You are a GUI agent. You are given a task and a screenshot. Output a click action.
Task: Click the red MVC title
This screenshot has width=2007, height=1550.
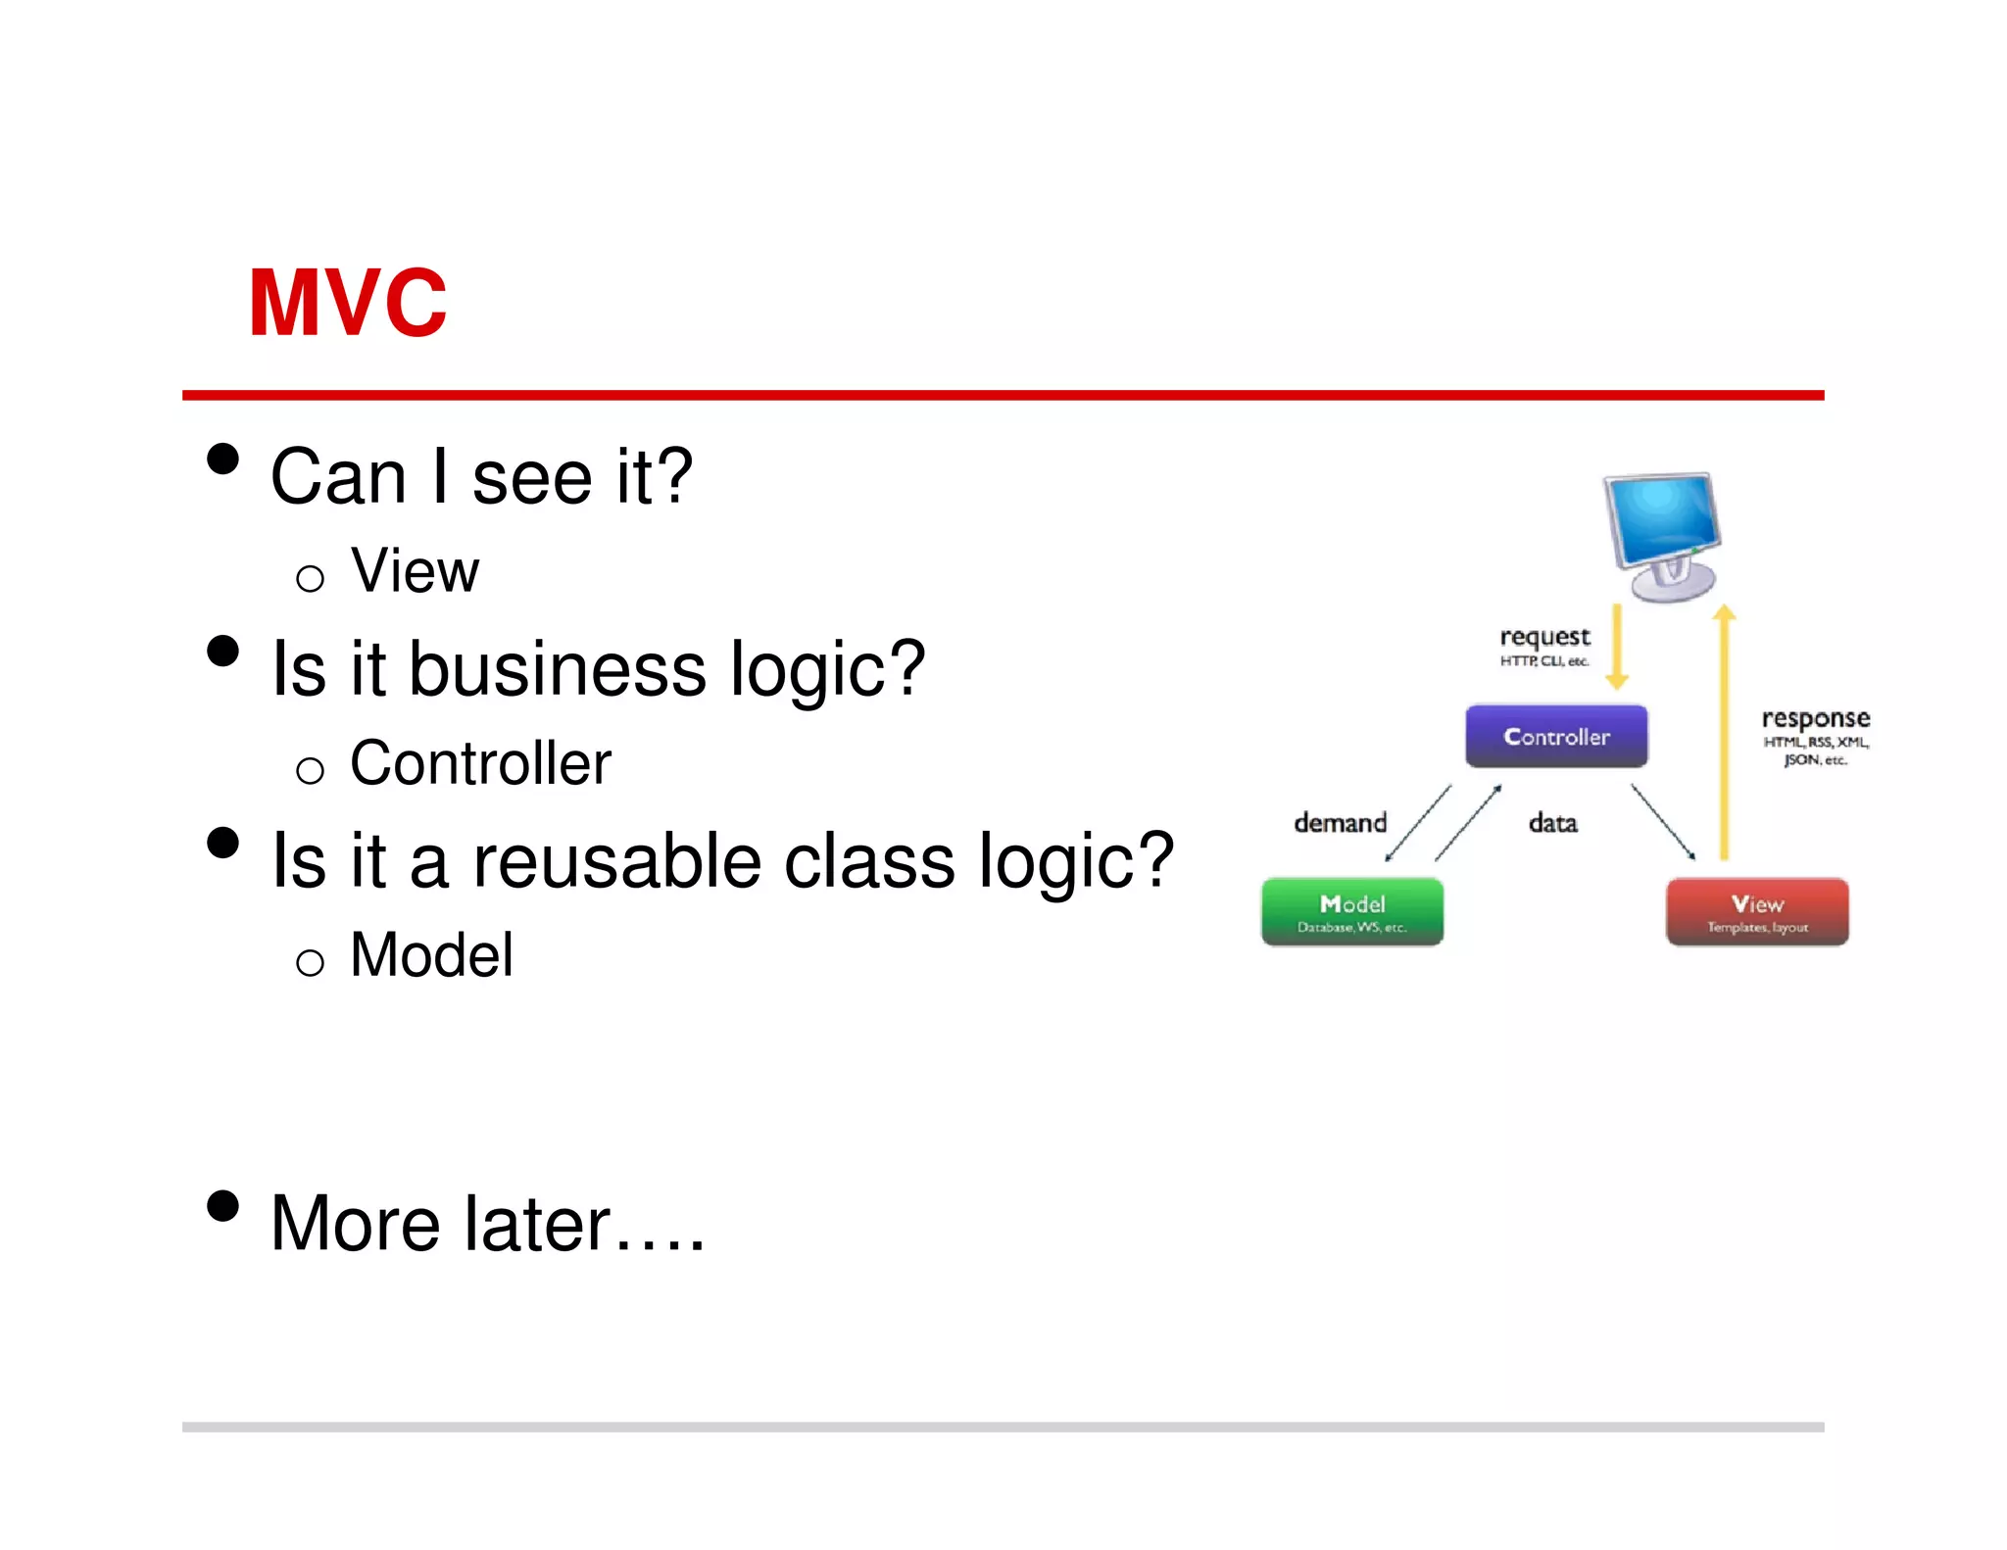(348, 303)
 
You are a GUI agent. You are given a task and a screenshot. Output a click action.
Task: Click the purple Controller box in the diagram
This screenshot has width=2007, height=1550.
(1555, 736)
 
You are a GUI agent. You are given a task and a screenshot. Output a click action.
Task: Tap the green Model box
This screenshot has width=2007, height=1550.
(1351, 911)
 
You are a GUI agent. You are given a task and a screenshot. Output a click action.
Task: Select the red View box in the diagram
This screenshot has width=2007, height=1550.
(1756, 911)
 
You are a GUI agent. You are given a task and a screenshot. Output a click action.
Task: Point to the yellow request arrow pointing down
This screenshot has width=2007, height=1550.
(1617, 647)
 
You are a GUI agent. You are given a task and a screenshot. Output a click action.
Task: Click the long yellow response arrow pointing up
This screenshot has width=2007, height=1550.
(1724, 735)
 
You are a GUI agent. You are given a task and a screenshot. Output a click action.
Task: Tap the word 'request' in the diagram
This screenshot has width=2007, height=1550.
(1544, 637)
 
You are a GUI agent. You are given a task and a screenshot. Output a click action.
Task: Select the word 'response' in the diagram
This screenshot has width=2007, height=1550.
(1815, 718)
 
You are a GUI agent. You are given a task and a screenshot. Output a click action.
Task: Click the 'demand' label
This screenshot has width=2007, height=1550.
(1340, 822)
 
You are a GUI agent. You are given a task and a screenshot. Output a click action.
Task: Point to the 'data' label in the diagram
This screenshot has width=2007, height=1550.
(1552, 823)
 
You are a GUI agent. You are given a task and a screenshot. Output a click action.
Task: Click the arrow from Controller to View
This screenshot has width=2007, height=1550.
(1663, 822)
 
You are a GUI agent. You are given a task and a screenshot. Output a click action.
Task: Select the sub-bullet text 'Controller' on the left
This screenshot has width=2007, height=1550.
(480, 763)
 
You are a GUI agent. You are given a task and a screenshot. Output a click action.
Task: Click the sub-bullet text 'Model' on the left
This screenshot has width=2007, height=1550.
(431, 955)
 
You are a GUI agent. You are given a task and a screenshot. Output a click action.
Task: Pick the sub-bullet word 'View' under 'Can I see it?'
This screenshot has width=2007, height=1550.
(416, 570)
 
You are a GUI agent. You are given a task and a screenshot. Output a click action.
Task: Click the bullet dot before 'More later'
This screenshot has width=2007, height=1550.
(223, 1206)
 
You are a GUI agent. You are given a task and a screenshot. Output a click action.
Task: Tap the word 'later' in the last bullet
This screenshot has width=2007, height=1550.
(537, 1224)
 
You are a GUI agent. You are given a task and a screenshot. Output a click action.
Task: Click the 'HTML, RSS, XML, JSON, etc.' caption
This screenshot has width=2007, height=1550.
(1815, 751)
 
